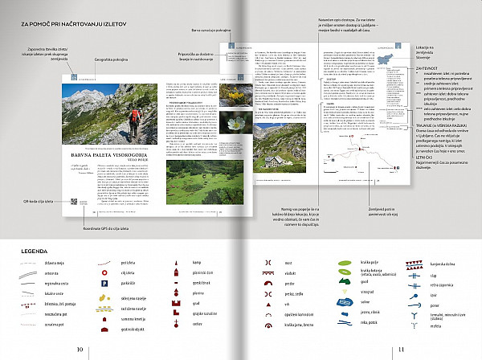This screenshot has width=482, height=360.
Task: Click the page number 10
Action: coord(80,349)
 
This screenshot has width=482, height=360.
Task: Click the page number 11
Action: coord(401,349)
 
